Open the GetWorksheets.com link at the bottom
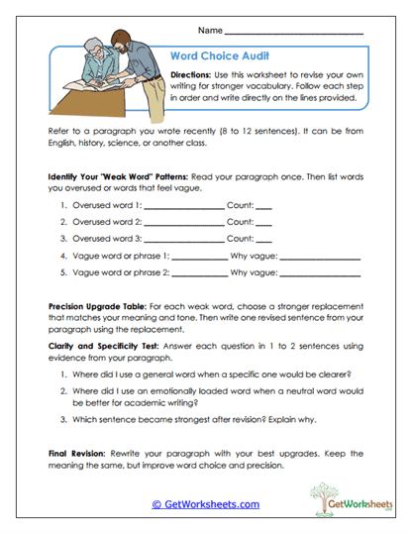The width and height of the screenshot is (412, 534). click(x=205, y=503)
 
